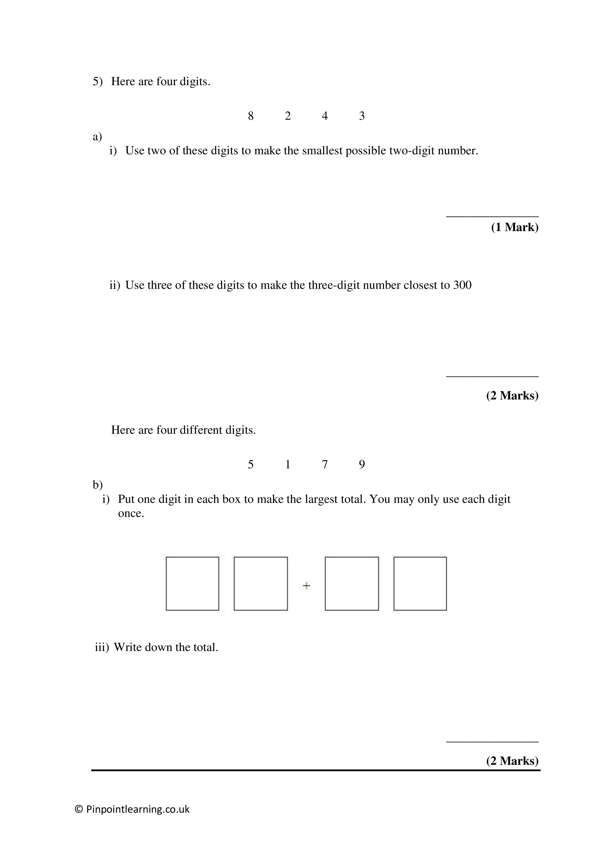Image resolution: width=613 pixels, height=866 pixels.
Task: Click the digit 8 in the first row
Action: pos(251,116)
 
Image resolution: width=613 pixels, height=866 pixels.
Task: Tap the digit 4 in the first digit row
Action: pos(325,116)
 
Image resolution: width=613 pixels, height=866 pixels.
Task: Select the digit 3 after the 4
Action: pos(362,116)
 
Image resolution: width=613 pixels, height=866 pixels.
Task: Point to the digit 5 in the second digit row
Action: pos(251,464)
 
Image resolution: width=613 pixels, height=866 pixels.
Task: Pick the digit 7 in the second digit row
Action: pos(325,464)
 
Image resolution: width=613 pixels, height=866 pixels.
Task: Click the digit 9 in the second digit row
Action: pos(362,464)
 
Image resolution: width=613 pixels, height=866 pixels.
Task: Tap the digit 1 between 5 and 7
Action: pos(288,464)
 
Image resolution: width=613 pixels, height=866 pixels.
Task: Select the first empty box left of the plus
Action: pos(192,584)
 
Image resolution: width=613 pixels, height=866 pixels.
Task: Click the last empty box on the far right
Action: pos(420,584)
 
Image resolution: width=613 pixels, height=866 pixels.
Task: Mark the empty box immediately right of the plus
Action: pos(352,584)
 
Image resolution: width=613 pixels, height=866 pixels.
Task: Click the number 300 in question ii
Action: pos(462,285)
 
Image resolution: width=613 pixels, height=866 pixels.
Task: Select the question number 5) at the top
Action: pos(97,81)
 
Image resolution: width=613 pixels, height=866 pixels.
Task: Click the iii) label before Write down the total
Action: pos(102,647)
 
